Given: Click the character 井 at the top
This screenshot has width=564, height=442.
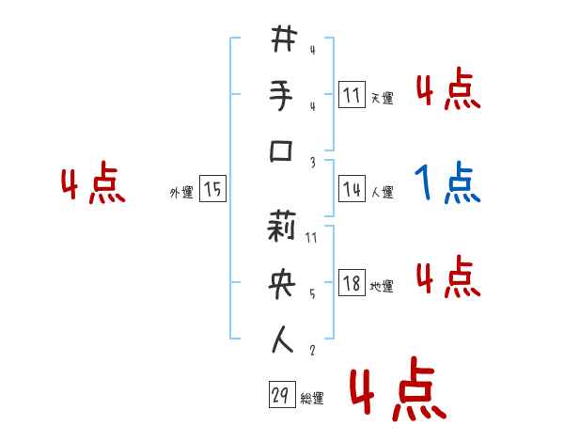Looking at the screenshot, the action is coord(282,40).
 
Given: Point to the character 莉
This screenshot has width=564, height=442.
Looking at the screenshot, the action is coord(282,227).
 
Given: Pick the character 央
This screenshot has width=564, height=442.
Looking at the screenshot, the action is coord(282,283).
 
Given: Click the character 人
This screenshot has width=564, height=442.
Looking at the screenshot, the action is coord(282,339).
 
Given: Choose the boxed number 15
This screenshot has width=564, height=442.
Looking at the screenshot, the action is coord(212,190).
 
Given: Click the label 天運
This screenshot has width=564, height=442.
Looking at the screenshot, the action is coord(382,98).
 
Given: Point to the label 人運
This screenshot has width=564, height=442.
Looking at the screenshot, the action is coord(382,192).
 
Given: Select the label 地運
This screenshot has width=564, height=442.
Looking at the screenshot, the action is coord(382,286).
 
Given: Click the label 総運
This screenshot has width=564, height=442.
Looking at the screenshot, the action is coord(312,399).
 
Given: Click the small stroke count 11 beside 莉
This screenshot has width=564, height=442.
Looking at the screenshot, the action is coord(311,237).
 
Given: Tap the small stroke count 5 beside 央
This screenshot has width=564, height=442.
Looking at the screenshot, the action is coord(311,293).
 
